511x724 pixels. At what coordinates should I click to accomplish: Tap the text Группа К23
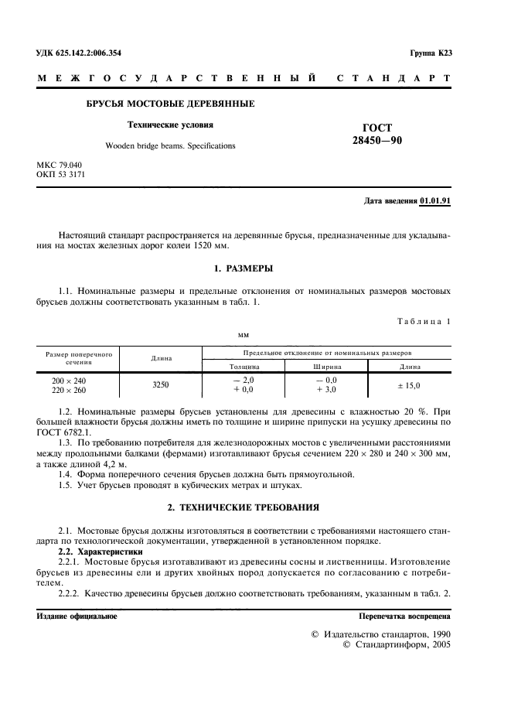coord(431,53)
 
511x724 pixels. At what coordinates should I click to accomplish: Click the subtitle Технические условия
coord(170,125)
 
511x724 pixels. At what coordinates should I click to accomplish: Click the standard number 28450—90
coord(376,140)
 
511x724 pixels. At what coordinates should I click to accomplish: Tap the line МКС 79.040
coord(60,166)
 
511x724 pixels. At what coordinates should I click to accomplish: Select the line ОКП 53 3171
coord(61,175)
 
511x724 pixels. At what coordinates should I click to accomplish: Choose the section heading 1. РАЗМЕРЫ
coord(243,268)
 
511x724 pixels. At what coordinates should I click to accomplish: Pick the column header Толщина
coord(244,366)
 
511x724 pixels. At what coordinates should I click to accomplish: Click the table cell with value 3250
coord(161,384)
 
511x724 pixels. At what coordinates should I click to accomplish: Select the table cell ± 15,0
coord(410,384)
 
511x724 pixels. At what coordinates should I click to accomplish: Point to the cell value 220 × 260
coord(69,391)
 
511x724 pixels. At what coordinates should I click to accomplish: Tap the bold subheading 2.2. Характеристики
coord(101,552)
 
